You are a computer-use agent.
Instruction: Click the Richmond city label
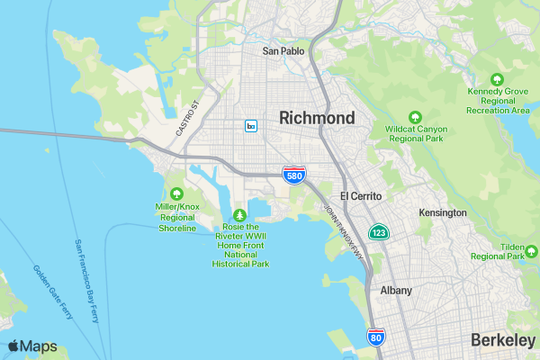[x=317, y=118]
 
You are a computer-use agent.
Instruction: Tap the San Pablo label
[x=283, y=51]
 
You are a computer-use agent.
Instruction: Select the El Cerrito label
[x=361, y=196]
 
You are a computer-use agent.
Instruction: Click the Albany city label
[x=396, y=291]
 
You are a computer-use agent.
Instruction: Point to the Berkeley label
[x=502, y=340]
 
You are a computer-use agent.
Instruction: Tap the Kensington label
[x=443, y=213]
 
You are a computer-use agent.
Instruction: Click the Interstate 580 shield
[x=293, y=175]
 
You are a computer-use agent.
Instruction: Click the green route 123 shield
[x=379, y=233]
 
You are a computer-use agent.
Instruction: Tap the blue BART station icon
[x=251, y=126]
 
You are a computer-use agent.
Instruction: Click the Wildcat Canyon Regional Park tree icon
[x=415, y=117]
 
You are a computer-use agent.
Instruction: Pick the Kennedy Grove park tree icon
[x=497, y=78]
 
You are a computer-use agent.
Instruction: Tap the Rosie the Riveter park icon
[x=240, y=215]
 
